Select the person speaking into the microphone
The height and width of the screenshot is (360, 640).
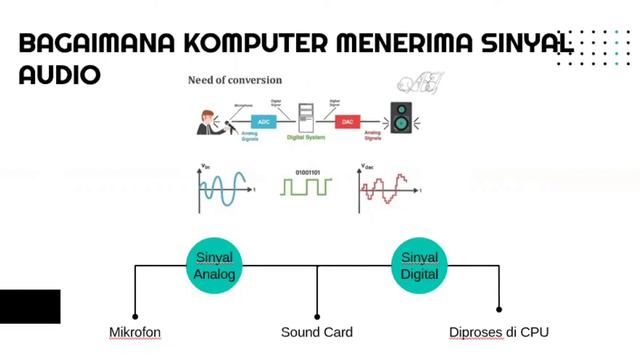[x=208, y=122]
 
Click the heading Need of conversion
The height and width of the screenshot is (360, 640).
[x=235, y=79]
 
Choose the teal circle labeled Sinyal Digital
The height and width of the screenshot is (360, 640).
[x=419, y=265]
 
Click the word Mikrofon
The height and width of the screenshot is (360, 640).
[x=134, y=332]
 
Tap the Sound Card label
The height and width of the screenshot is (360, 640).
[x=316, y=332]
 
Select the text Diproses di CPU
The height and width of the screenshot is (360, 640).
[x=499, y=332]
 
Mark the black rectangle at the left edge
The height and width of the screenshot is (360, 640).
[x=30, y=306]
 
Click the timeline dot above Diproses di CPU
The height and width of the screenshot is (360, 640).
[x=499, y=310]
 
